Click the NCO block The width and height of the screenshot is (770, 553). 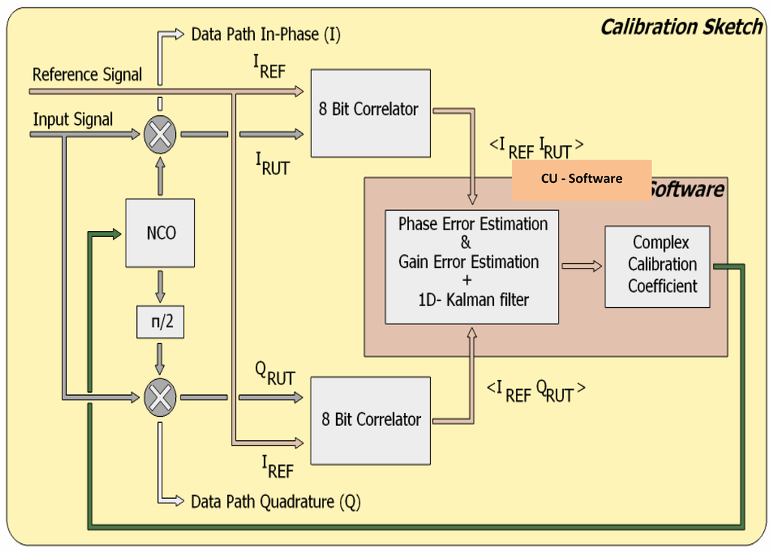tap(160, 232)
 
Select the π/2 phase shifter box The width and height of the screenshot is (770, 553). tap(159, 322)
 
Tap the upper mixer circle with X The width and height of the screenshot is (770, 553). tap(160, 135)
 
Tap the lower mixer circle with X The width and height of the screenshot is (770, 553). tap(160, 396)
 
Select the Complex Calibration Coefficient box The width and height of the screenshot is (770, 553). tap(657, 266)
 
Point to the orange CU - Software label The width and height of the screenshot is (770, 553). tap(581, 179)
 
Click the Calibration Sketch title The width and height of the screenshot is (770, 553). tap(681, 28)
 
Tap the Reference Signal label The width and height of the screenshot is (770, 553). tap(87, 74)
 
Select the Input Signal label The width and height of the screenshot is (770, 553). tap(73, 120)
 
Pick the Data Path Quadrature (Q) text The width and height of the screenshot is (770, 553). tap(275, 502)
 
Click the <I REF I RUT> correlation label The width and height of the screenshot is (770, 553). tap(535, 147)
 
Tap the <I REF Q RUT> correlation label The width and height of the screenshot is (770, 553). tap(535, 390)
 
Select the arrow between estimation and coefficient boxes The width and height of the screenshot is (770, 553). tap(582, 266)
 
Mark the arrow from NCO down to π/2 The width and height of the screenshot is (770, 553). tap(160, 287)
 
